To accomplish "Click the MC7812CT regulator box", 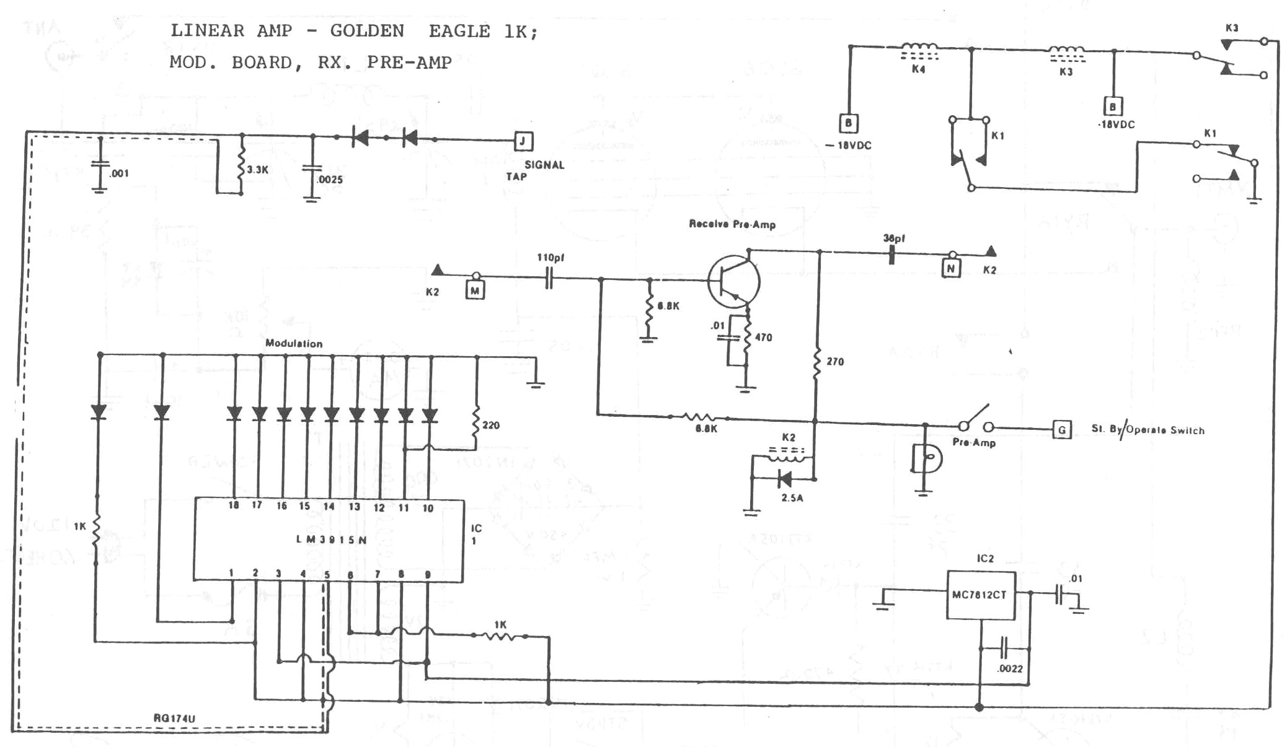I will coord(980,595).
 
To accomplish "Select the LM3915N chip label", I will coord(332,539).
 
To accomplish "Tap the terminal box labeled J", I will coord(523,141).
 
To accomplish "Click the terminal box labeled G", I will coord(1062,429).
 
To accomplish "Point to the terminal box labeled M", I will coord(475,290).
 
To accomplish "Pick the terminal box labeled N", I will coord(950,268).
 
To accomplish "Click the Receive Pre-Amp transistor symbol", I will coord(734,282).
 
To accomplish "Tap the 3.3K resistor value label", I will coord(257,169).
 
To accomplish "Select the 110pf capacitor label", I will coord(551,258).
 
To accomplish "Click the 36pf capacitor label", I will coord(894,238).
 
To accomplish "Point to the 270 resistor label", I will coord(835,362).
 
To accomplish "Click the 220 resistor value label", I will coord(491,426).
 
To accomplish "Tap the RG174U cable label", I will coord(174,719).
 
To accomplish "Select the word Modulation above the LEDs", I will coord(294,343).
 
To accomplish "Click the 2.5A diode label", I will coord(792,497).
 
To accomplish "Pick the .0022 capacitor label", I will coord(1010,669).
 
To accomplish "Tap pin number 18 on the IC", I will coord(234,505).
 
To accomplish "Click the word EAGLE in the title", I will coord(459,31).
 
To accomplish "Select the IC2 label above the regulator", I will coord(985,559).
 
